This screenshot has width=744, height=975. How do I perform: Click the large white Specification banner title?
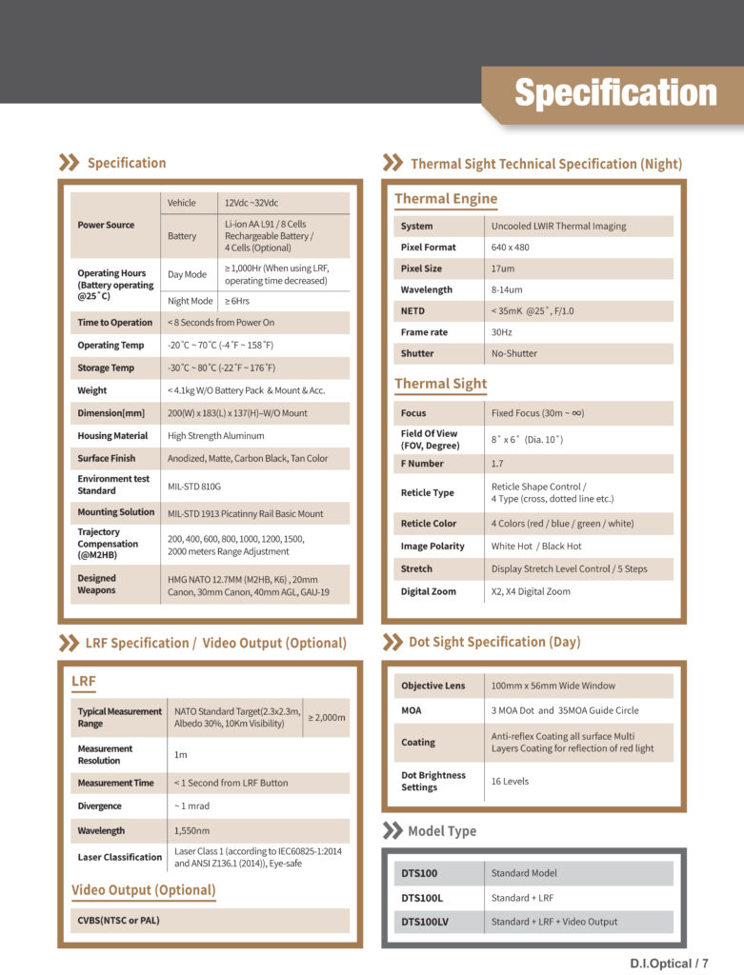point(615,93)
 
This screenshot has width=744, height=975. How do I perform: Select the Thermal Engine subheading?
point(446,199)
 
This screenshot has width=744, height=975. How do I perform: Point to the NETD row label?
point(412,310)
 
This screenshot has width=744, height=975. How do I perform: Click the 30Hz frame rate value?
point(502,332)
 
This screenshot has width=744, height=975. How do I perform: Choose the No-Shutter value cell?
point(514,353)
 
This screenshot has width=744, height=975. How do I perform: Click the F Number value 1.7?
point(497,464)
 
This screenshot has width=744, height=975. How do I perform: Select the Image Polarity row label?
point(432,547)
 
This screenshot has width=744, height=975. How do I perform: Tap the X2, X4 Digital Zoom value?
point(531,591)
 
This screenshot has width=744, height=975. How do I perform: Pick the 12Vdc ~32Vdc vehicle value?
point(251,203)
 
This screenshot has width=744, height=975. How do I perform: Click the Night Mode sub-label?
point(190,301)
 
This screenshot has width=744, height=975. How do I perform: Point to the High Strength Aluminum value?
point(216,436)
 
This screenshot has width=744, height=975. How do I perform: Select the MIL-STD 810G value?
point(195,486)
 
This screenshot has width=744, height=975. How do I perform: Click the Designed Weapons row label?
point(96,584)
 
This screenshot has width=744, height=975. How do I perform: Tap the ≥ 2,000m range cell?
point(326,717)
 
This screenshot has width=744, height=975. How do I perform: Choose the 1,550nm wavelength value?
point(192,830)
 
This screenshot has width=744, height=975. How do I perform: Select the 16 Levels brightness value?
point(510,781)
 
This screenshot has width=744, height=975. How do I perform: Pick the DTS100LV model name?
point(424,922)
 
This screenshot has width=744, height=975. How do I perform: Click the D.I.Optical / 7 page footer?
point(669,963)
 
